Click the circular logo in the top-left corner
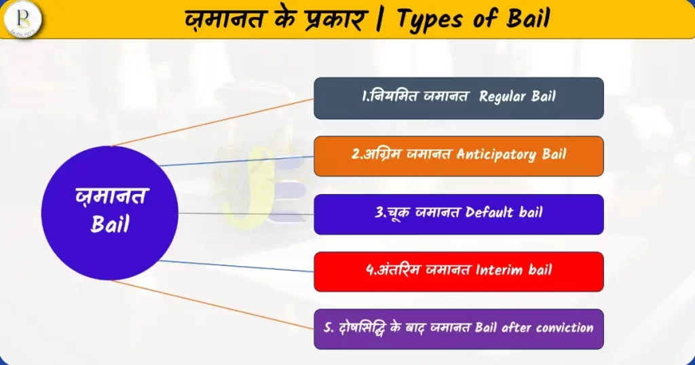click(x=22, y=19)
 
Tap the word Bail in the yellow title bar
click(x=528, y=18)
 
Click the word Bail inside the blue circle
click(x=110, y=224)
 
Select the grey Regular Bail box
click(x=459, y=98)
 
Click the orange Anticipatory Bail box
click(x=459, y=156)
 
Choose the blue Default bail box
click(x=459, y=214)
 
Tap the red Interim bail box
click(x=459, y=271)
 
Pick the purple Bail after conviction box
click(x=459, y=329)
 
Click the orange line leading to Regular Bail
click(x=212, y=122)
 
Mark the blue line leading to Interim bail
click(x=236, y=266)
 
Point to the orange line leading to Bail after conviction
click(x=212, y=305)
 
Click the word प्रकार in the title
click(x=336, y=20)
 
